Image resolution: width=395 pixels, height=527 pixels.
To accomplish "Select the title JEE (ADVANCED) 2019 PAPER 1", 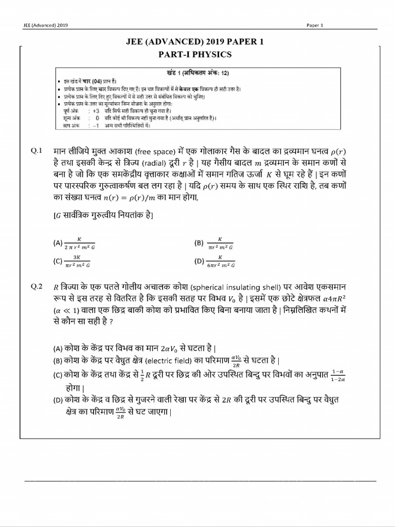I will pos(197,43).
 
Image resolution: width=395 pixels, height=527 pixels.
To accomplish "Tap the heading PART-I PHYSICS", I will pos(197,55).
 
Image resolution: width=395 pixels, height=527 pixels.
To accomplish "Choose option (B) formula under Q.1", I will pos(220,243).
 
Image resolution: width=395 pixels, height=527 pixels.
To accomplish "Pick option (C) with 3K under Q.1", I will pos(77,261).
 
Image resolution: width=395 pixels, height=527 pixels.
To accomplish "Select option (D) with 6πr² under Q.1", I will pos(220,261).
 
